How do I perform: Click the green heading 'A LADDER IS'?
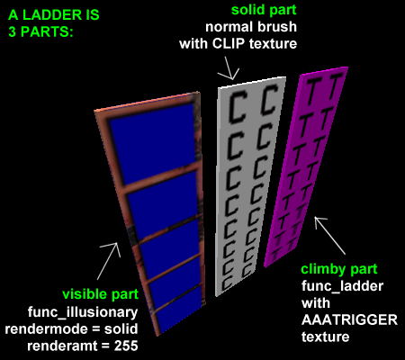[x=54, y=15]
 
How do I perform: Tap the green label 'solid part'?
[x=264, y=10]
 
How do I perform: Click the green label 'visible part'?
[x=101, y=294]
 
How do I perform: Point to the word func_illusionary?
[x=83, y=312]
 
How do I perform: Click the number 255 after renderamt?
[x=126, y=346]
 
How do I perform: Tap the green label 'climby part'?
[x=339, y=269]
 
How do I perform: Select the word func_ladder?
[x=342, y=286]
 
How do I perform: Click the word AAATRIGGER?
[x=349, y=320]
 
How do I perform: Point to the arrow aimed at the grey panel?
[x=229, y=68]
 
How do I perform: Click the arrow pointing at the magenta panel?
[x=329, y=235]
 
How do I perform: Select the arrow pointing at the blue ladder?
[x=109, y=260]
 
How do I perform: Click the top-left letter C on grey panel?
[x=237, y=108]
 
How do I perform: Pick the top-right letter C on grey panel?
[x=269, y=100]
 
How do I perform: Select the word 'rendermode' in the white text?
[x=46, y=329]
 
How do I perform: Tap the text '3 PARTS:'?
[x=40, y=31]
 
